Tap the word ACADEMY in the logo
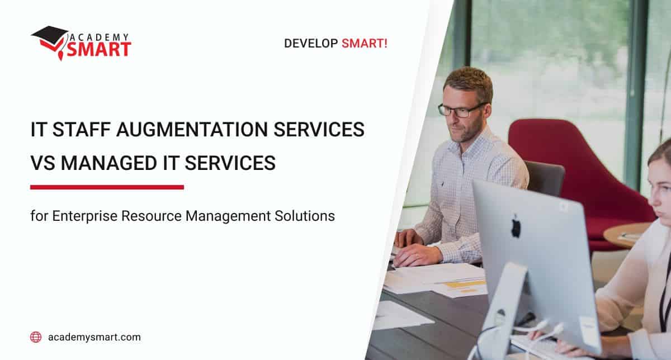100,36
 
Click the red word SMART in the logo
99,49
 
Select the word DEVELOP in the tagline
310,43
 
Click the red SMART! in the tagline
365,43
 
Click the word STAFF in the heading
79,130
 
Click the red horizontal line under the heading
107,187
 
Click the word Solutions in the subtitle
308,216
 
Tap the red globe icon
36,337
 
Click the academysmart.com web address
94,337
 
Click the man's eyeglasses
462,110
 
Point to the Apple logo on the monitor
516,226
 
